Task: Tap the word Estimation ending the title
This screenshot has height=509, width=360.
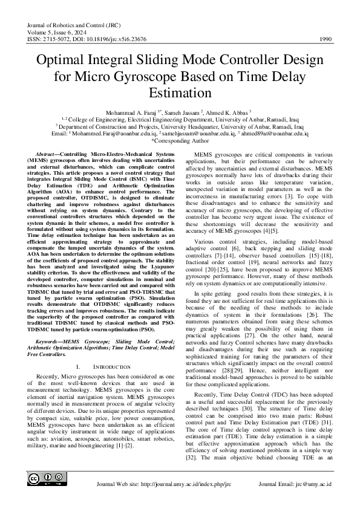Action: pos(180,94)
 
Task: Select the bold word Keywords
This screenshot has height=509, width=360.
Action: pos(50,342)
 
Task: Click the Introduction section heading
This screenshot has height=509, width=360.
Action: pos(103,367)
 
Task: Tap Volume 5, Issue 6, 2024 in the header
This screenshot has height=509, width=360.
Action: pos(58,33)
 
